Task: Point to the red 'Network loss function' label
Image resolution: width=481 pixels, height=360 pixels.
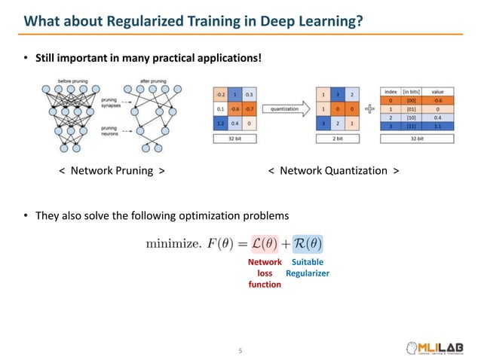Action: click(x=265, y=273)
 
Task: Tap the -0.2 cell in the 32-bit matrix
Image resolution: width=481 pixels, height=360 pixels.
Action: click(x=219, y=94)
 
